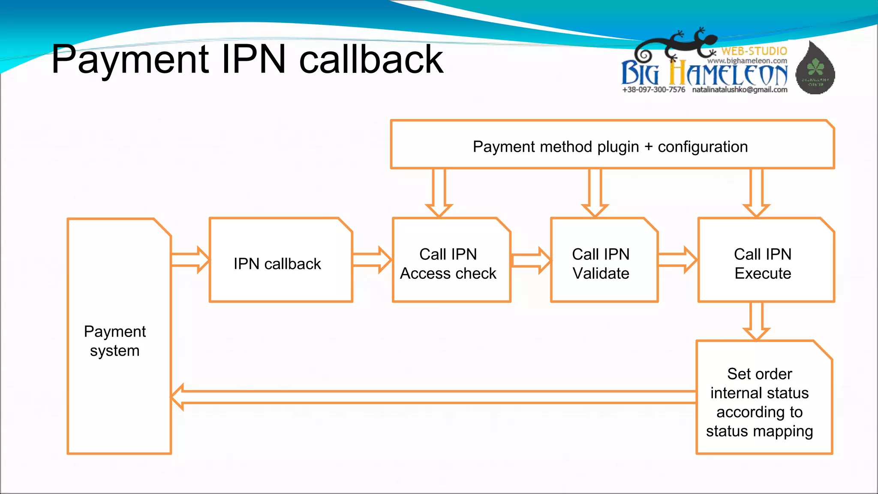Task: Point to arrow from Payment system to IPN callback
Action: [190, 260]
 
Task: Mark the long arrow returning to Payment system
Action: [433, 397]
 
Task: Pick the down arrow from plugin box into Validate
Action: [595, 193]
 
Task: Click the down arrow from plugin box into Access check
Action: [439, 193]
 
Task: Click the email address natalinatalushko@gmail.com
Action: [740, 90]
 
